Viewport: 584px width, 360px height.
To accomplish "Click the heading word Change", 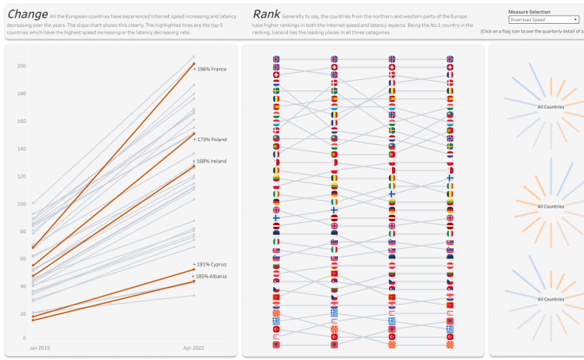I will coord(26,14).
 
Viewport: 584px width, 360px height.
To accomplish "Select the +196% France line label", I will coord(211,69).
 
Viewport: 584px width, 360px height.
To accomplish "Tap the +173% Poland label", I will coord(211,140).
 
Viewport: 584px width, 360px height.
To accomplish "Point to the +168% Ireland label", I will coord(211,161).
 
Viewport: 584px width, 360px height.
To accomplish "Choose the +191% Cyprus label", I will coord(211,264).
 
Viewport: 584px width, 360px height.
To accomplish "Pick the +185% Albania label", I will coord(211,276).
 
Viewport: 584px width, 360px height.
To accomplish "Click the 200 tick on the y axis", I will coord(21,66).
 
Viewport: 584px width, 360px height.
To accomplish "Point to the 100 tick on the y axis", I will coord(21,204).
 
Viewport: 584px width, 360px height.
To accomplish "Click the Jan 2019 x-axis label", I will coord(40,348).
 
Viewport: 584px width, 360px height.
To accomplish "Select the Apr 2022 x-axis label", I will coord(194,348).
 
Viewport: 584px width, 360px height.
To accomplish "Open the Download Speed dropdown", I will coord(544,20).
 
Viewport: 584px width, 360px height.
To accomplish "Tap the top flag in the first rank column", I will coord(276,59).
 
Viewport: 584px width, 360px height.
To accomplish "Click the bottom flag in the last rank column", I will coord(450,345).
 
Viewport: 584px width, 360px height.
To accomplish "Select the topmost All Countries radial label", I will coord(551,106).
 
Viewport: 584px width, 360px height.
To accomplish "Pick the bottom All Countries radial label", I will coord(551,299).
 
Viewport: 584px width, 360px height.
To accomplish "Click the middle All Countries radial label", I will coord(551,206).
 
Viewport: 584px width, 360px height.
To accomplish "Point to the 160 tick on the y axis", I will coord(21,121).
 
